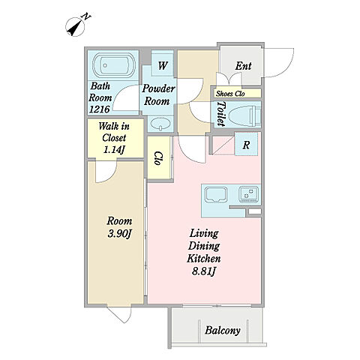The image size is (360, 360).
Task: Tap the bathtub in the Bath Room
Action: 114,65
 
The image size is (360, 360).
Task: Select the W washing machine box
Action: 162,64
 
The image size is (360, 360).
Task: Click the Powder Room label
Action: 158,95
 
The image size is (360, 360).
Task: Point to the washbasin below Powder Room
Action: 160,124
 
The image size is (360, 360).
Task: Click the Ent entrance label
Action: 243,66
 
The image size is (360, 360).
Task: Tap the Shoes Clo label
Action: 230,94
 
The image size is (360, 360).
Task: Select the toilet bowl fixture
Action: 244,115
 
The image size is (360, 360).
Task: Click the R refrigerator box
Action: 246,145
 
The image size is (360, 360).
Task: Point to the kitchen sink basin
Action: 216,194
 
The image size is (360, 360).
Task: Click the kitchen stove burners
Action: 249,194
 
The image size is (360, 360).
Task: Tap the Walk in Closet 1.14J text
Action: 114,138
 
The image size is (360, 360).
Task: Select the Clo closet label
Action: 157,158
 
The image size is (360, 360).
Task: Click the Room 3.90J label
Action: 119,227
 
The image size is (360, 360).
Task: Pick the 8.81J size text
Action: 203,271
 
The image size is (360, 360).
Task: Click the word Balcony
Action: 223,331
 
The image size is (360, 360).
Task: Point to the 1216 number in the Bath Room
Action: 100,109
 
